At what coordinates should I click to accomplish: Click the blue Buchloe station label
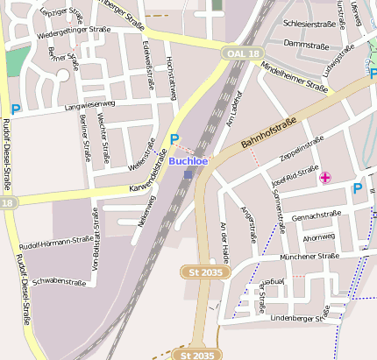tap(188, 161)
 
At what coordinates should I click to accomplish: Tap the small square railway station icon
tap(188, 174)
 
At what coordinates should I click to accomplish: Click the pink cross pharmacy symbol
tap(325, 178)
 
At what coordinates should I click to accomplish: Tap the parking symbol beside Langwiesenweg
tap(15, 109)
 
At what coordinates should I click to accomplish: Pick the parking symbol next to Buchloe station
tap(174, 139)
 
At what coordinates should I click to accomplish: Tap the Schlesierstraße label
tap(309, 25)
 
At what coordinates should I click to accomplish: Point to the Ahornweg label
tap(318, 237)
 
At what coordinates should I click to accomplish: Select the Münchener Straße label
tap(309, 257)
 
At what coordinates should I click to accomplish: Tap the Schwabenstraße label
tap(59, 282)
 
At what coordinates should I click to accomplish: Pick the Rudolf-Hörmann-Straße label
tap(56, 241)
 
